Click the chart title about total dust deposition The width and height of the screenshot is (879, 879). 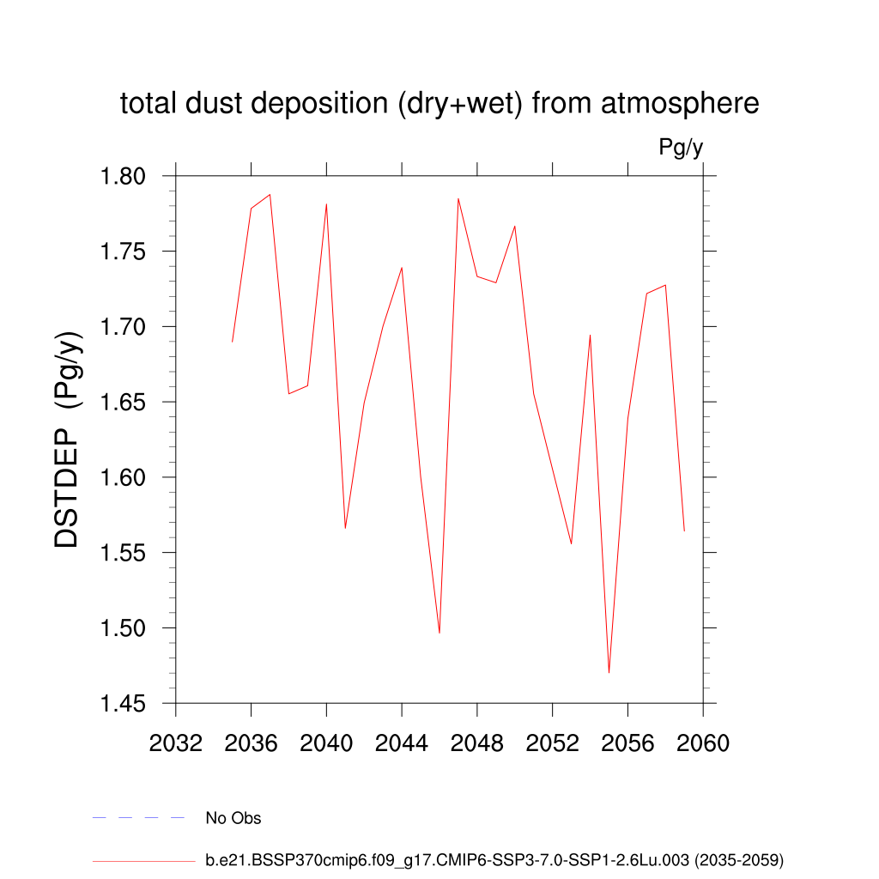(439, 104)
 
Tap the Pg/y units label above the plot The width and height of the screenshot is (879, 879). (681, 148)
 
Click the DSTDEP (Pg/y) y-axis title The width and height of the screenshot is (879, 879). (68, 439)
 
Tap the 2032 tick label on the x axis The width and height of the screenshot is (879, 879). (175, 743)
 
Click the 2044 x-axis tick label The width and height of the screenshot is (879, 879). (402, 743)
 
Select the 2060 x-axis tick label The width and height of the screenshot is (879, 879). (703, 743)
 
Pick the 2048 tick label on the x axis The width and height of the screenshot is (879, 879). (477, 743)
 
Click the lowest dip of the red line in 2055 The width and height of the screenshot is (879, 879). (609, 672)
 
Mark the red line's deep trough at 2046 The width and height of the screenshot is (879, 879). (439, 633)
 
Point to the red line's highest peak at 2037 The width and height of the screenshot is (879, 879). (270, 194)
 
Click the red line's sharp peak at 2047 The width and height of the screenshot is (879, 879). (458, 198)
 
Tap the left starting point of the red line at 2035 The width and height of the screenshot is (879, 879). (232, 342)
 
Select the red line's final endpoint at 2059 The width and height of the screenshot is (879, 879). (684, 530)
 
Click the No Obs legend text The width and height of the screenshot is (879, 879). (233, 818)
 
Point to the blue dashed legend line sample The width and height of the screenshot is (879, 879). (139, 818)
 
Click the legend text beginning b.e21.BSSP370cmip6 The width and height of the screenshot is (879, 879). (494, 859)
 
